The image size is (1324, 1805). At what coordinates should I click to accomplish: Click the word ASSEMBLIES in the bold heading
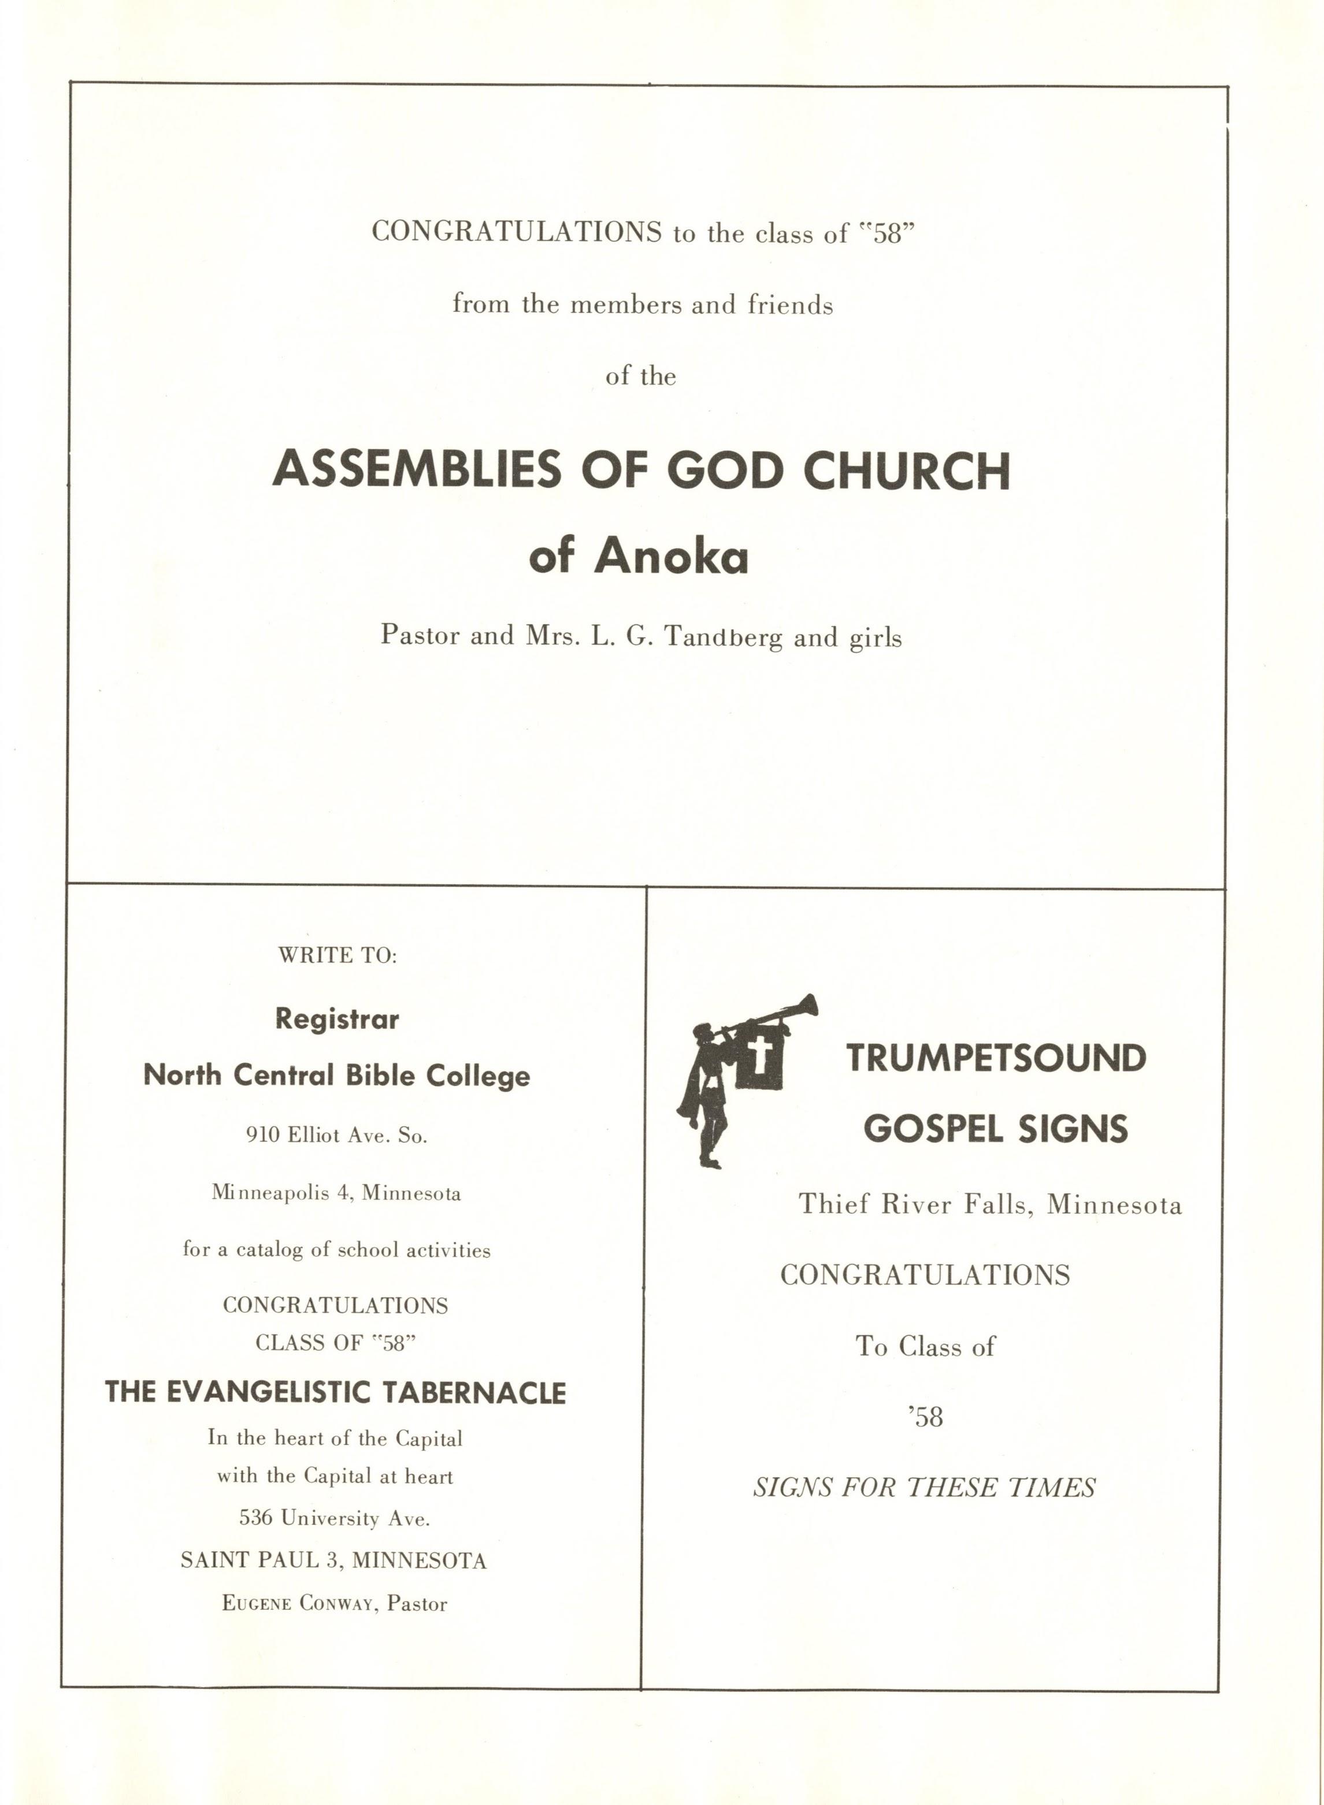click(x=417, y=470)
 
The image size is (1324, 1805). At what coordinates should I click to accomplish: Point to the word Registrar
click(x=336, y=1019)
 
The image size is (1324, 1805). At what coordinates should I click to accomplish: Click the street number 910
click(x=262, y=1135)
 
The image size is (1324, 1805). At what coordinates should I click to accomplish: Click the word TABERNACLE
click(x=473, y=1392)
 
